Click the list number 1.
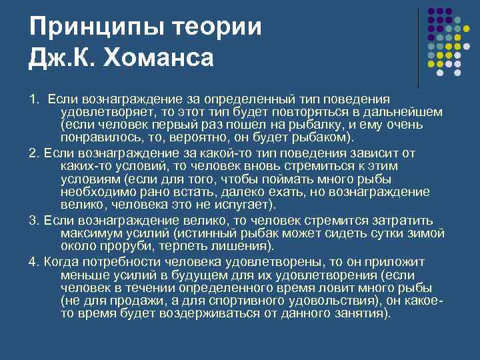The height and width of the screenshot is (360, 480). (33, 99)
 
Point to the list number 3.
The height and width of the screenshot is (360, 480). (33, 221)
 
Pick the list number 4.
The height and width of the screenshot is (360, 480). (33, 261)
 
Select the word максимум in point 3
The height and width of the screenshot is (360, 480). (87, 234)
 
